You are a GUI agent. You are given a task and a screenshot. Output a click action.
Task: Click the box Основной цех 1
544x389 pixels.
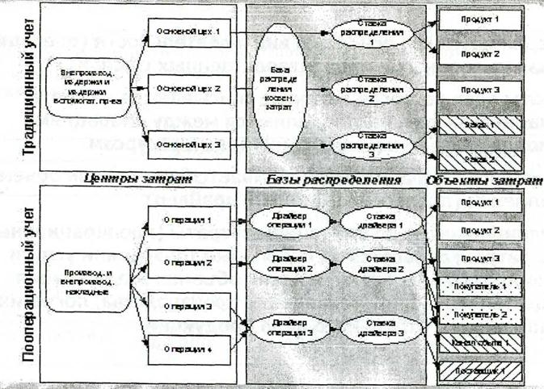click(192, 33)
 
